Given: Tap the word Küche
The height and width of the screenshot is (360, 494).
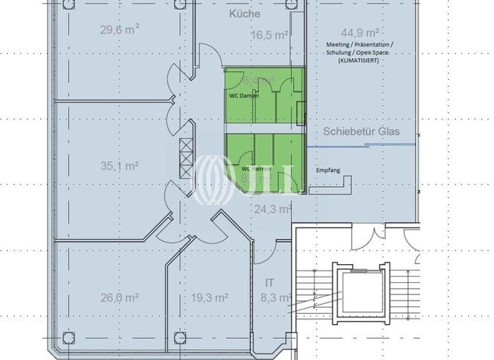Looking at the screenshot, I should [244, 13].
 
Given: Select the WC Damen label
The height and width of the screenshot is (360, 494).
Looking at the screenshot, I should [244, 96].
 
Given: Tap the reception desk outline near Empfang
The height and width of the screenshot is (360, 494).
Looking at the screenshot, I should [331, 186].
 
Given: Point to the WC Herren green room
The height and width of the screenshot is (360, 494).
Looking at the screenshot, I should [264, 161].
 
